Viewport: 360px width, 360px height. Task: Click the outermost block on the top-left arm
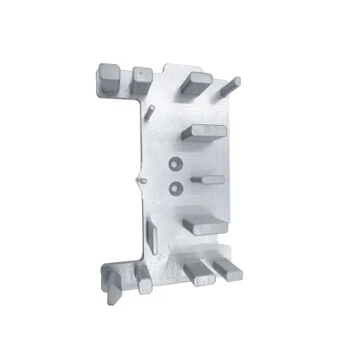[108, 79]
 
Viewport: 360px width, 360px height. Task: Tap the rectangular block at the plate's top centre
[195, 83]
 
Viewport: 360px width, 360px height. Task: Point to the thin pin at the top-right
[230, 85]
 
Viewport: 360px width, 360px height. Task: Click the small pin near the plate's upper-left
[151, 111]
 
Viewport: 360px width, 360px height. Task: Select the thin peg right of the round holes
[211, 180]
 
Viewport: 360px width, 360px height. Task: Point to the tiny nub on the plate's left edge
[138, 181]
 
